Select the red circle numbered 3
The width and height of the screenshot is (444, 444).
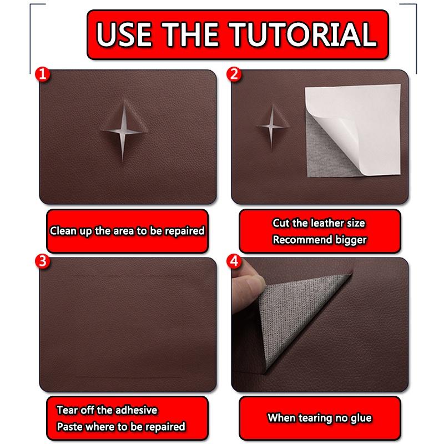tap(39, 261)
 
